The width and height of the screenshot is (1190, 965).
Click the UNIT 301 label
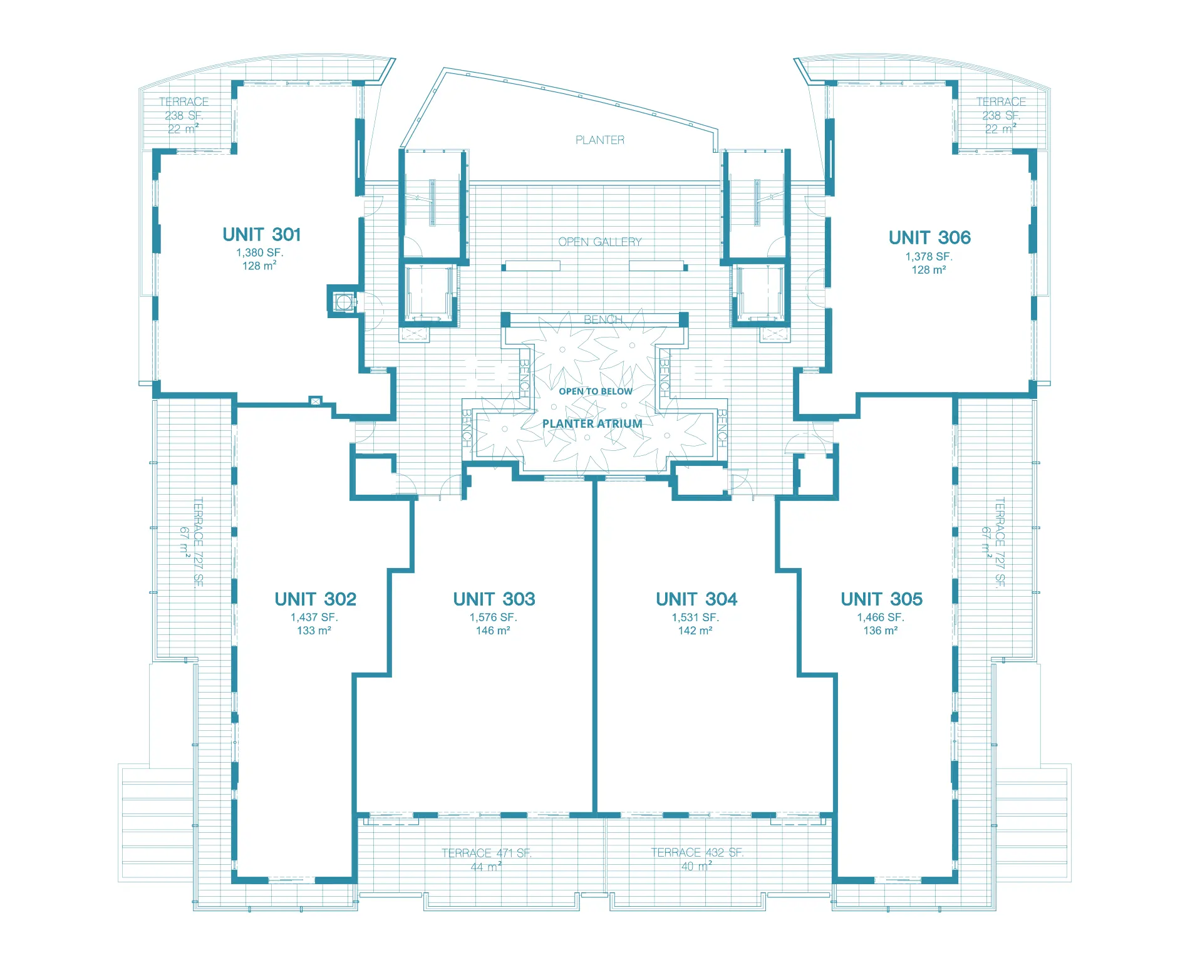262,235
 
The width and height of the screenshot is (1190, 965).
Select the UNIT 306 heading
929,238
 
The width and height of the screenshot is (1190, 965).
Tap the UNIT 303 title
494,599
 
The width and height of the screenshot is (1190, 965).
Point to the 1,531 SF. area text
695,617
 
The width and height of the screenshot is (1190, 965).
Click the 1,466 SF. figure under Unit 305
881,617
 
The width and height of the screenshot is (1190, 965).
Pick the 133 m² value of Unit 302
314,631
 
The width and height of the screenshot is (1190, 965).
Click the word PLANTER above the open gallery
600,140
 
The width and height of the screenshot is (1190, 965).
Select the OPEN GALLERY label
600,242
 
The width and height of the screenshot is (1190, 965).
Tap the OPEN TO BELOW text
596,391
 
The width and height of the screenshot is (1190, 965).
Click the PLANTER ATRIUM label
592,424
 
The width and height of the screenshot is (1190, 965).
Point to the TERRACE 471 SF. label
486,853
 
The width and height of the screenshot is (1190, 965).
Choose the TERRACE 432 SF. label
697,852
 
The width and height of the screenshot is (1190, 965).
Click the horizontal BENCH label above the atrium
603,319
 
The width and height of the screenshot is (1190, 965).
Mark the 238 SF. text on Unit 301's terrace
184,116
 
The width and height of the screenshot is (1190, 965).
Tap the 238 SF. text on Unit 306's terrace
1001,116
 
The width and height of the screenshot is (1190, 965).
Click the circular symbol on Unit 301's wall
343,302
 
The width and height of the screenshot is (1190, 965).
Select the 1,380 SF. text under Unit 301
260,253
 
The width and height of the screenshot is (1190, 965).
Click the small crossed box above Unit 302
316,401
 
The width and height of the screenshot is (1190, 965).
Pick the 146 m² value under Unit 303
493,631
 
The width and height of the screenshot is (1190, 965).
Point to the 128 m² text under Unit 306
929,270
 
